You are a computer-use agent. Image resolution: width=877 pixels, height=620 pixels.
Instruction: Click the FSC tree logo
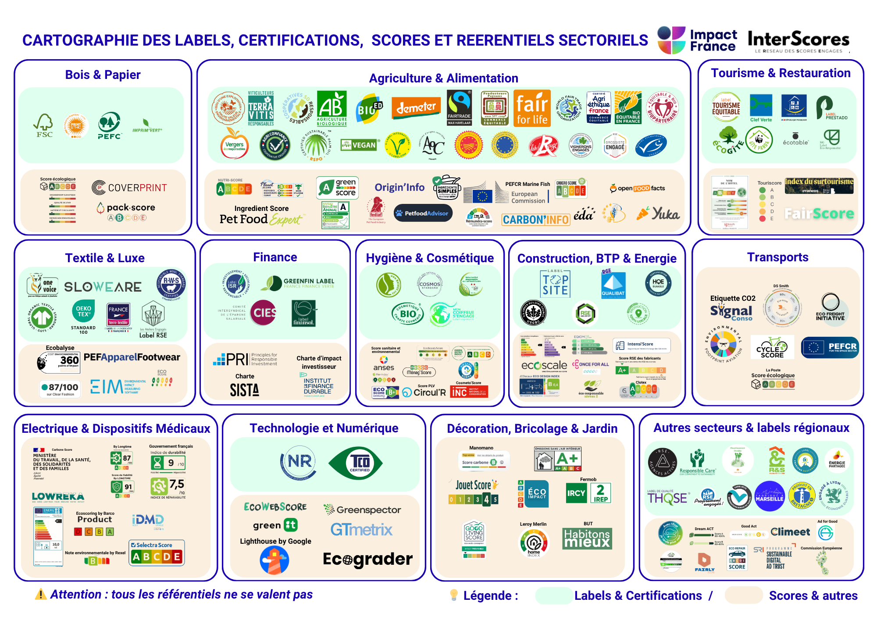tap(44, 125)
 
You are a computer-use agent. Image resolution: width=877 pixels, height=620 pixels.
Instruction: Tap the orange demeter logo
tap(416, 107)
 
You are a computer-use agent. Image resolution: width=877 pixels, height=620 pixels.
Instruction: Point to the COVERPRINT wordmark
tap(129, 188)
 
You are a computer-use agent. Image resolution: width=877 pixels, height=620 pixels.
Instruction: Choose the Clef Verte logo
tap(761, 108)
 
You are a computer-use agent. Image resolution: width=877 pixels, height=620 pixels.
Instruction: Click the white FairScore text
tap(819, 214)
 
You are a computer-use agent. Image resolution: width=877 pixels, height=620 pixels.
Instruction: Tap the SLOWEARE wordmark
tap(103, 287)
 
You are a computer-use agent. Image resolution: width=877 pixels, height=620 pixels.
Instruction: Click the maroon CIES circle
tap(264, 313)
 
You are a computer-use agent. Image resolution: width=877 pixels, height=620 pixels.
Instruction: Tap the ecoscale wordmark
tap(544, 365)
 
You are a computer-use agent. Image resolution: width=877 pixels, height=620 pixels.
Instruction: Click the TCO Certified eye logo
tap(356, 463)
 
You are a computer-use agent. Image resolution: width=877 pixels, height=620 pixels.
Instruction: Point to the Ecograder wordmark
tap(367, 559)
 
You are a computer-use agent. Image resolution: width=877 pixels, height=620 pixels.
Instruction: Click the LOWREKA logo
tap(58, 496)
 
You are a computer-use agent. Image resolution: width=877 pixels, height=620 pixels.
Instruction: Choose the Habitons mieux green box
tap(587, 538)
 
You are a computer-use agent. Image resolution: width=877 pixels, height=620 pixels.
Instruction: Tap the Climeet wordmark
tap(790, 532)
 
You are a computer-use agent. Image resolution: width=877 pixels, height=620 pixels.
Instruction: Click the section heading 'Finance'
tap(275, 257)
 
